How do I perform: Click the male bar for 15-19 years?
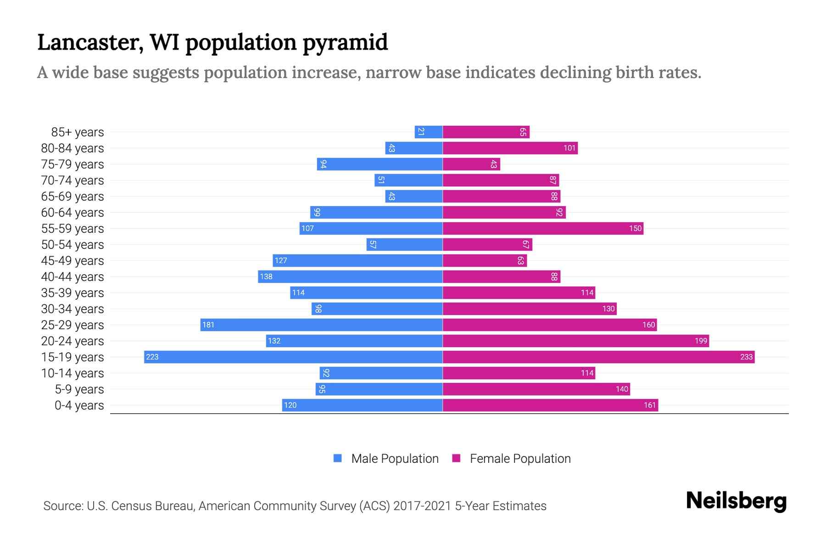294,357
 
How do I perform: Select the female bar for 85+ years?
486,132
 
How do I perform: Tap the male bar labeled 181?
321,325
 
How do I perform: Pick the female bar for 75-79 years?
471,164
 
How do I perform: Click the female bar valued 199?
575,341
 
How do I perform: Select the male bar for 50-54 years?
404,244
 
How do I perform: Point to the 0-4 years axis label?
79,405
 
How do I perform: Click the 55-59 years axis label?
73,229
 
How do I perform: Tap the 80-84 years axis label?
73,148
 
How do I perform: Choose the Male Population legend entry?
395,459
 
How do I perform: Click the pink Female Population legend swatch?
456,458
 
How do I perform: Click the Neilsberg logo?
736,501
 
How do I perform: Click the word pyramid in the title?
345,43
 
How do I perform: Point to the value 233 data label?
746,357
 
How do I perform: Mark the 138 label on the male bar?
266,277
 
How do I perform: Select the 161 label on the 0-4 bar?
650,405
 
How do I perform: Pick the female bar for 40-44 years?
501,277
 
